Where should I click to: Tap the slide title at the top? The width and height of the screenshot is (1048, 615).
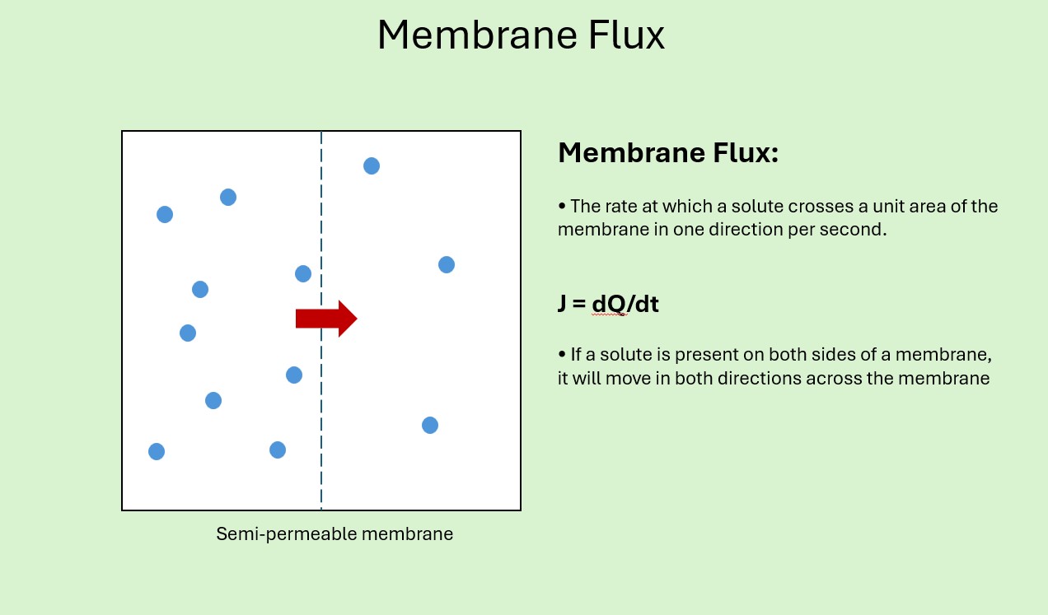point(521,36)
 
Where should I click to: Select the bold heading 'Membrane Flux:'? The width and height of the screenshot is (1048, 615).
point(667,153)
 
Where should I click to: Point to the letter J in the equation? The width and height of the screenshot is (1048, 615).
point(563,304)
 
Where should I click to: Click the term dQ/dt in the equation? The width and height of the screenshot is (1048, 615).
point(625,304)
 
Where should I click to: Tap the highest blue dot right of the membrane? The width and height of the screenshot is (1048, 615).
point(372,166)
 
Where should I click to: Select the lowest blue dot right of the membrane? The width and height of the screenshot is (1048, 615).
point(429,425)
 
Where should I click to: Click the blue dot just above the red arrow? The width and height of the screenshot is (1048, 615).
point(302,274)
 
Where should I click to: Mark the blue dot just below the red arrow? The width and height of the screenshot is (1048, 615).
point(293,375)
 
